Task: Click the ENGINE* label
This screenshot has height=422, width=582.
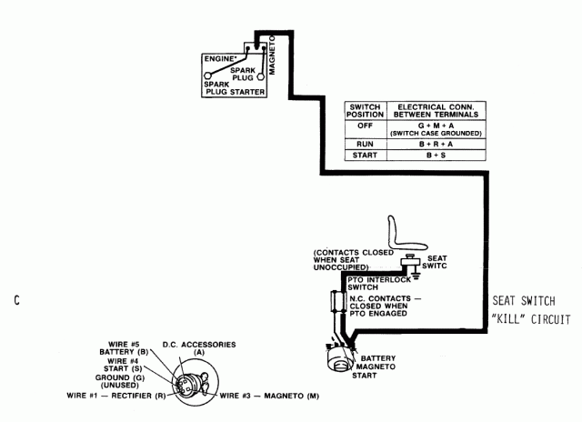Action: coord(220,58)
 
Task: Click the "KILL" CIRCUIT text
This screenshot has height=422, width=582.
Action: coord(530,319)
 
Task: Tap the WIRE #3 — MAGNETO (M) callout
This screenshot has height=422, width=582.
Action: coord(265,396)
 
